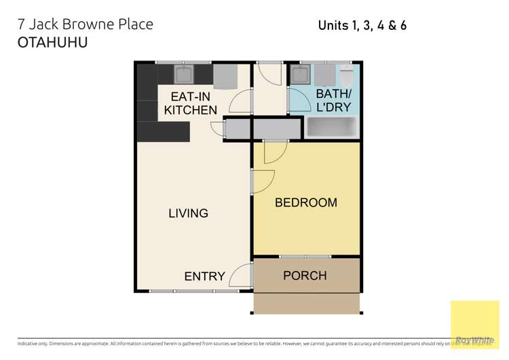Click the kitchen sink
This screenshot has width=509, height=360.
tap(184, 73)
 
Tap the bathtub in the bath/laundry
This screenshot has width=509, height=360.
tap(332, 127)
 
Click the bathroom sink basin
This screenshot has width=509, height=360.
tap(300, 73)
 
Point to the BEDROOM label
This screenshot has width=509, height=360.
tap(305, 202)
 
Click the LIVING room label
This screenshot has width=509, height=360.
tap(188, 213)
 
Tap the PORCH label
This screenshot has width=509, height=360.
tap(305, 275)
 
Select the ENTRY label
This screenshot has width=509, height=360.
tap(204, 276)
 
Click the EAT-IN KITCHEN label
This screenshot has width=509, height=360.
tap(191, 103)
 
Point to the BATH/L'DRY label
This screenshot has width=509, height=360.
tap(334, 101)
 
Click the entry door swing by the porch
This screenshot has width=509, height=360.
tap(240, 277)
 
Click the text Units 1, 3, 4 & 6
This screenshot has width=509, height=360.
tap(362, 26)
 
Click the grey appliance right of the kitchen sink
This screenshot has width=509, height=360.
tap(225, 76)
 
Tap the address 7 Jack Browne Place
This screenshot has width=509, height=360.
tap(86, 24)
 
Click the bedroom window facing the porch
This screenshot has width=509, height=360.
tap(305, 257)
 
